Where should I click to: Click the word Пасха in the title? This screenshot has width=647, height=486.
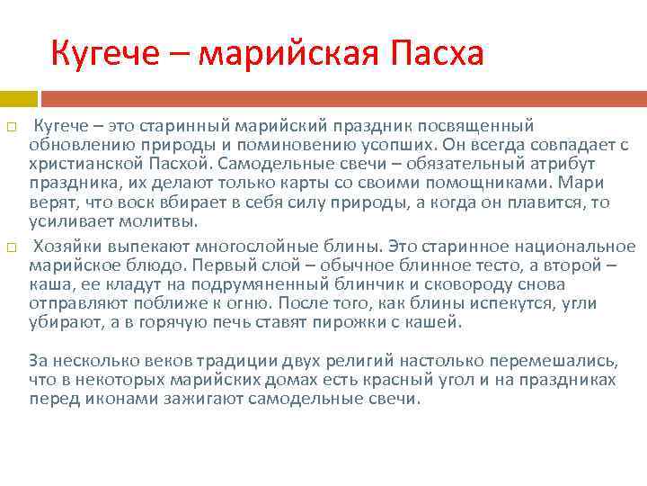coord(437,53)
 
